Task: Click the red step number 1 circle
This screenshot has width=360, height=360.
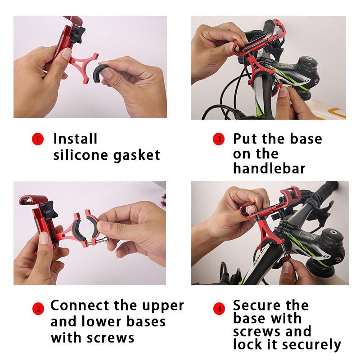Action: coord(38,139)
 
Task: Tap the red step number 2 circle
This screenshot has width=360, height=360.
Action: coord(38,309)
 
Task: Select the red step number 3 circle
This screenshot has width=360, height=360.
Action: coord(218,139)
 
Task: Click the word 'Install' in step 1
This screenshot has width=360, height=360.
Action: coord(75,138)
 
